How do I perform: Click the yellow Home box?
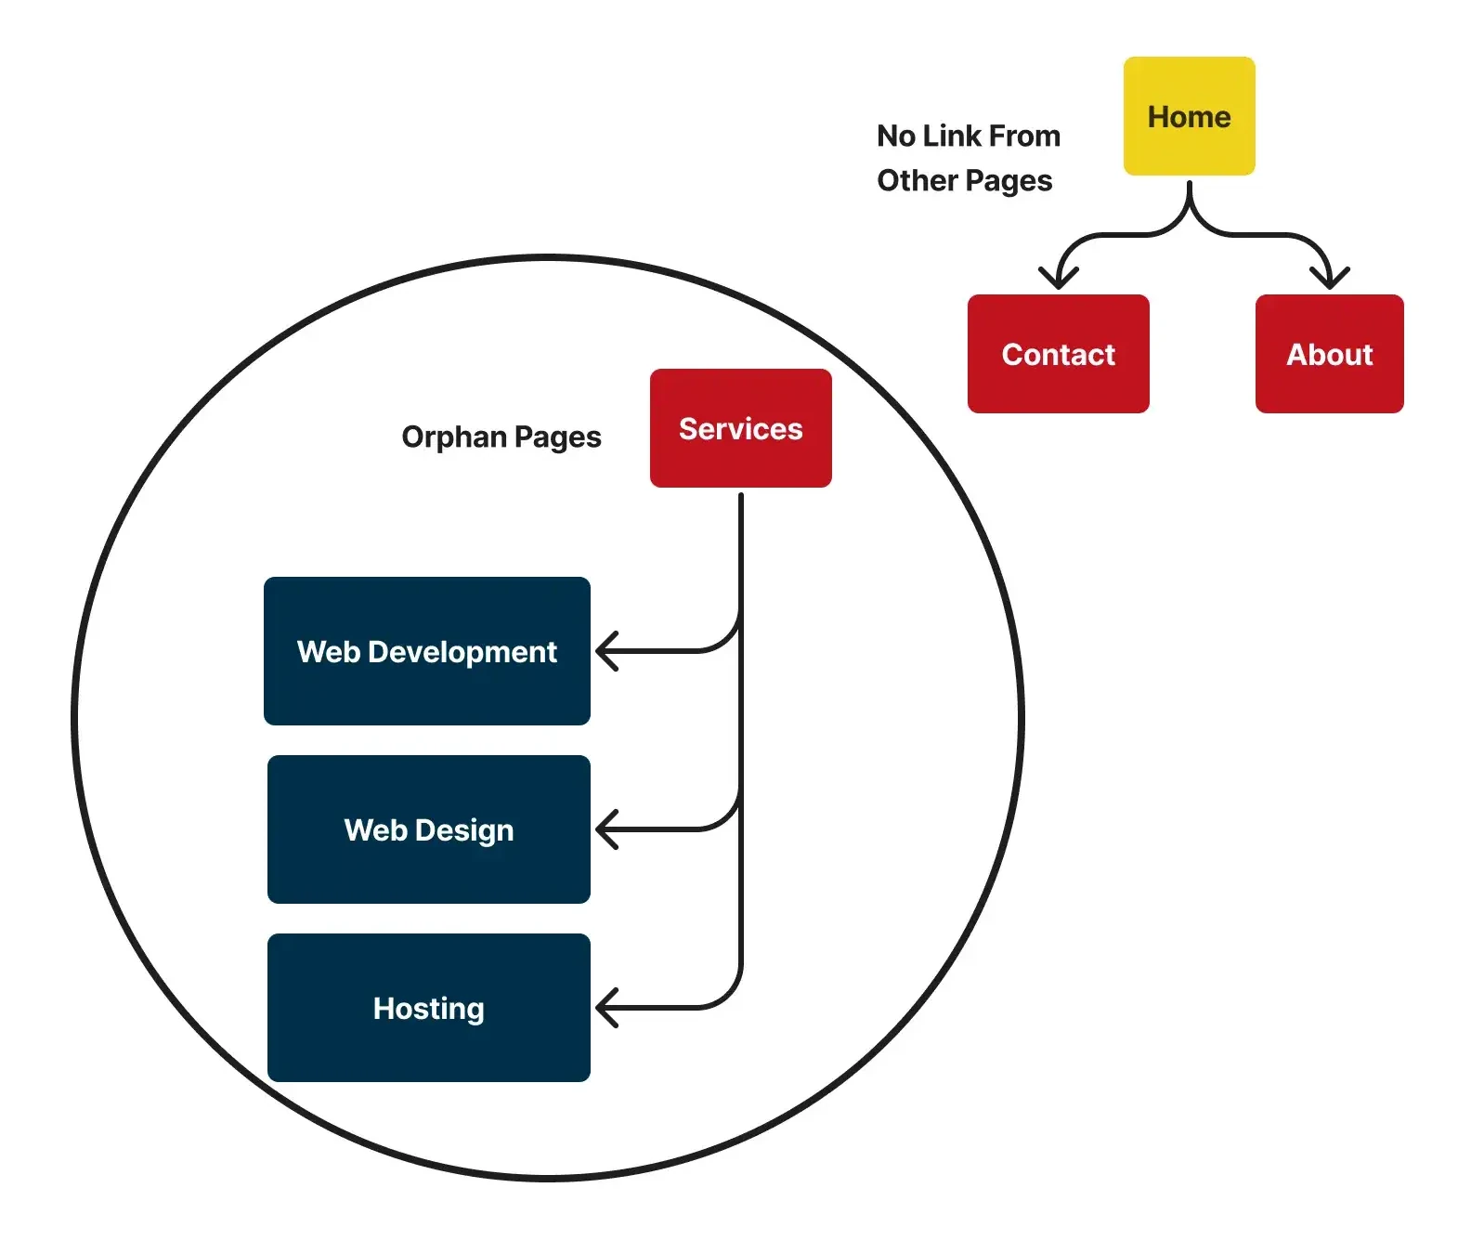coord(1189,116)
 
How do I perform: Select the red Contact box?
coord(1058,354)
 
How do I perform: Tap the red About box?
coord(1329,354)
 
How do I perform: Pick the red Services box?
coord(740,428)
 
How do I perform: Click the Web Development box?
coord(427,651)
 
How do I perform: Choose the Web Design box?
coord(428,829)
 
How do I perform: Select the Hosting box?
coord(428,1008)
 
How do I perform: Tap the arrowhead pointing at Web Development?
coord(605,651)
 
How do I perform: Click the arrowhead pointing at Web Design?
coord(605,829)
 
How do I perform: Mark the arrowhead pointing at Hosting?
coord(605,1008)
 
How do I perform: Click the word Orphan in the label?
coord(453,437)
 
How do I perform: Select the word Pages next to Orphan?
coord(557,437)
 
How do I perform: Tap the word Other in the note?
coord(918,180)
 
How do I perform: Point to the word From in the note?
coord(1024,136)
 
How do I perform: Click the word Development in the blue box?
coord(462,652)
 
